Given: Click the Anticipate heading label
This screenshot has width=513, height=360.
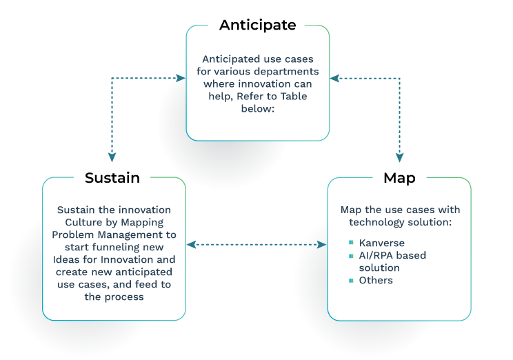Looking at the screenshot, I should click(x=257, y=26).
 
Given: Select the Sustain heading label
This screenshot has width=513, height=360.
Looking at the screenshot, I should click(x=112, y=178).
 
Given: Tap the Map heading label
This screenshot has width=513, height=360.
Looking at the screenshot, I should click(x=399, y=178).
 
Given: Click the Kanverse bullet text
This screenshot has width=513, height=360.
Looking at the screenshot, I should click(x=381, y=243).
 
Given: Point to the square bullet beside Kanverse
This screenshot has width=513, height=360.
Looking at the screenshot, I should click(x=352, y=243).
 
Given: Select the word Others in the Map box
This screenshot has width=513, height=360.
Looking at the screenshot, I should click(x=376, y=281).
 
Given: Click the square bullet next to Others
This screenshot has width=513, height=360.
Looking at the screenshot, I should click(x=352, y=281).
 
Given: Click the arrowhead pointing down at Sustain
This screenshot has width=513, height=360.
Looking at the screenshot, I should click(x=112, y=158).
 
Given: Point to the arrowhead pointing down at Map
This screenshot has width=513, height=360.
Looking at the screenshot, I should click(x=399, y=158).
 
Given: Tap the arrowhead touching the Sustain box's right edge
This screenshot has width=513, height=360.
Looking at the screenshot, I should click(x=191, y=245).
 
